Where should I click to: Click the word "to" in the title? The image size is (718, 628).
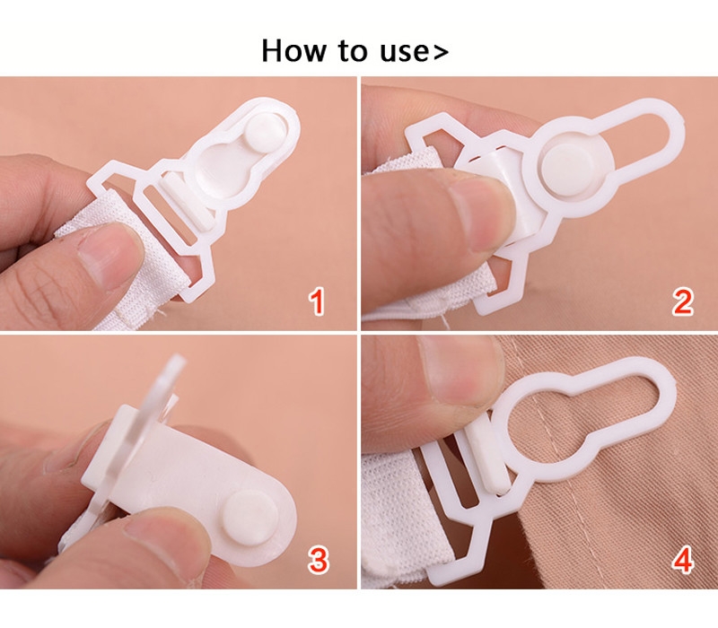(x=353, y=51)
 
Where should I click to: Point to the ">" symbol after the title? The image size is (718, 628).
(x=441, y=52)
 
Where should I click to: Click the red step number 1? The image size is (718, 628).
(x=317, y=301)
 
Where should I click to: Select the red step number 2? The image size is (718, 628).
(x=683, y=301)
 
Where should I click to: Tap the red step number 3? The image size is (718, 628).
(x=319, y=559)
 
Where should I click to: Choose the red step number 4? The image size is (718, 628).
(x=683, y=559)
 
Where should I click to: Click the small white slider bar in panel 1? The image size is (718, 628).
(x=188, y=200)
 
